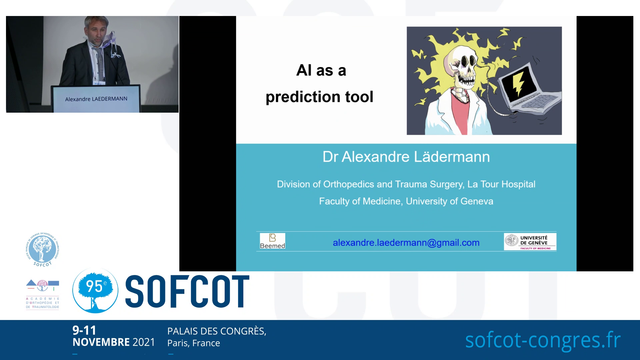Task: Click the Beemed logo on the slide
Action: coord(272,241)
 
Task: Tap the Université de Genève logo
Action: coord(530,242)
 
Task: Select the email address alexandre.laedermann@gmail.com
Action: coord(406,243)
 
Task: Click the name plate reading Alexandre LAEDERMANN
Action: coord(96,99)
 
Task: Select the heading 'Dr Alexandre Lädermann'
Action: coord(406,157)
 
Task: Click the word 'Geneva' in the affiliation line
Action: coord(477,201)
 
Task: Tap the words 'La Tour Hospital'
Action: coord(501,184)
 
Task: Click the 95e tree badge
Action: coord(95,290)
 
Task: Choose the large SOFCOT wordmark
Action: coord(187,291)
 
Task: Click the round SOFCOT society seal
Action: coord(42,249)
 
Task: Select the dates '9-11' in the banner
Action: coord(84,330)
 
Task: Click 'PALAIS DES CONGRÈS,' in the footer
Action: coord(217,331)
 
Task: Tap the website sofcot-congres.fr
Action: coord(543,340)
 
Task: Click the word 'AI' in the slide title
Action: coord(304,71)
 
